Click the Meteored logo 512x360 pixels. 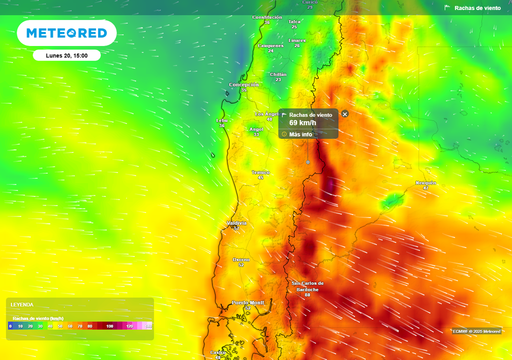coord(66,33)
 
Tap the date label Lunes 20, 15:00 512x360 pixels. coord(66,55)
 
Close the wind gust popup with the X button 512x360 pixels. coord(344,114)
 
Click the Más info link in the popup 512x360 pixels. coord(300,134)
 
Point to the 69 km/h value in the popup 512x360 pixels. coord(302,123)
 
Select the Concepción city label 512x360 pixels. coord(244,85)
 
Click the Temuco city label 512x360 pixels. coord(260,172)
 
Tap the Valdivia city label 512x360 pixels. coord(236,223)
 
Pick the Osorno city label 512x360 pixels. coord(241,259)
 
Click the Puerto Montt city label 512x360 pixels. coord(247,303)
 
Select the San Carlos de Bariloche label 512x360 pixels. coord(307,286)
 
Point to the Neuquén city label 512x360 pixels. coord(426,183)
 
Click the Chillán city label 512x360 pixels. coord(278,74)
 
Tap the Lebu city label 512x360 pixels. coord(221,120)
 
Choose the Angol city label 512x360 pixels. coord(256,129)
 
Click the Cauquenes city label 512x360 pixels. coord(270,45)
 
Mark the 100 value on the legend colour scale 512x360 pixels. coord(110,326)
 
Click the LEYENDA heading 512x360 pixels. coord(22,304)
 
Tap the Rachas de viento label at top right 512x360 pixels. coord(477,8)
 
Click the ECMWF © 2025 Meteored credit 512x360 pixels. coord(476,331)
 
